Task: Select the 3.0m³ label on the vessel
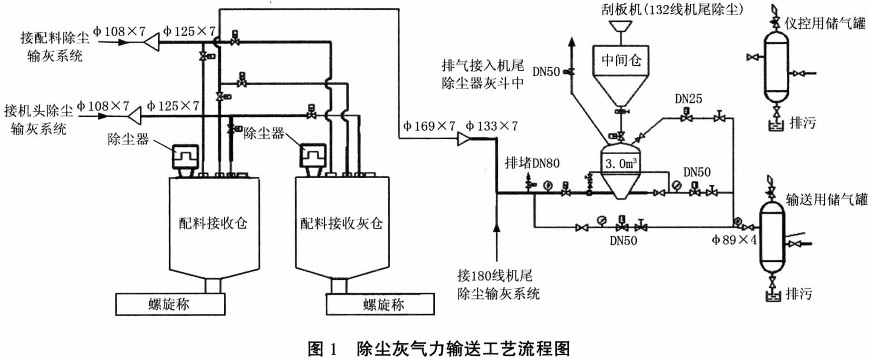pos(621,164)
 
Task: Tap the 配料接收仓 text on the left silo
pos(213,223)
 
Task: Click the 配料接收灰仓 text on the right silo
pos(341,223)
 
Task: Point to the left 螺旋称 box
pos(170,304)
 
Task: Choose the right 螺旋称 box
pos(380,304)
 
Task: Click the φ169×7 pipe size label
pos(429,126)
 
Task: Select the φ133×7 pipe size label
pos(491,126)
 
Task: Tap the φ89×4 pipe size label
pos(734,240)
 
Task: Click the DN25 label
pos(688,99)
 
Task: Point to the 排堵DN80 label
pos(532,163)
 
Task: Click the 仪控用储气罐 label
pos(825,23)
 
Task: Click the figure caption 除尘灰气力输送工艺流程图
pos(463,349)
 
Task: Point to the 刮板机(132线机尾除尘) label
pos(672,9)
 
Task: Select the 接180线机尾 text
pos(495,275)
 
